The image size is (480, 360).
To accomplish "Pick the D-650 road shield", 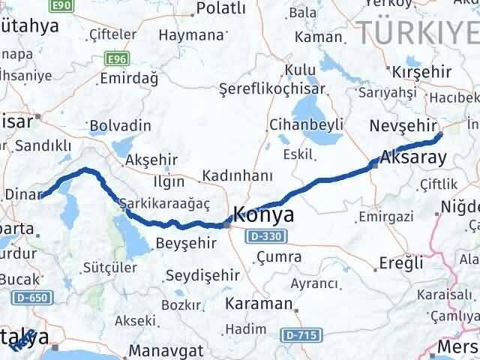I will [x=31, y=298].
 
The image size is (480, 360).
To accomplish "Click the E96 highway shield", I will [x=116, y=57].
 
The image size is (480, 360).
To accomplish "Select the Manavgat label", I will [x=160, y=350].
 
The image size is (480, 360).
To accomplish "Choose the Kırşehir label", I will [x=420, y=72].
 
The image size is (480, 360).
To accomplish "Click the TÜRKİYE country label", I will [x=417, y=31].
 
